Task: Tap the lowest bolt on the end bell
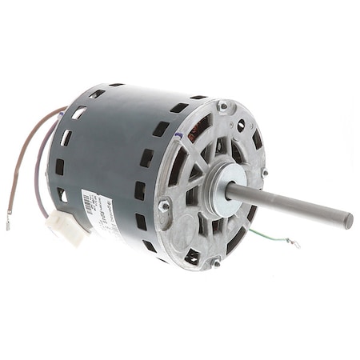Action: coord(215,262)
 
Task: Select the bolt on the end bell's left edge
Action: coord(164,206)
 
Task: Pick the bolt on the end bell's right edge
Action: coord(263,172)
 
